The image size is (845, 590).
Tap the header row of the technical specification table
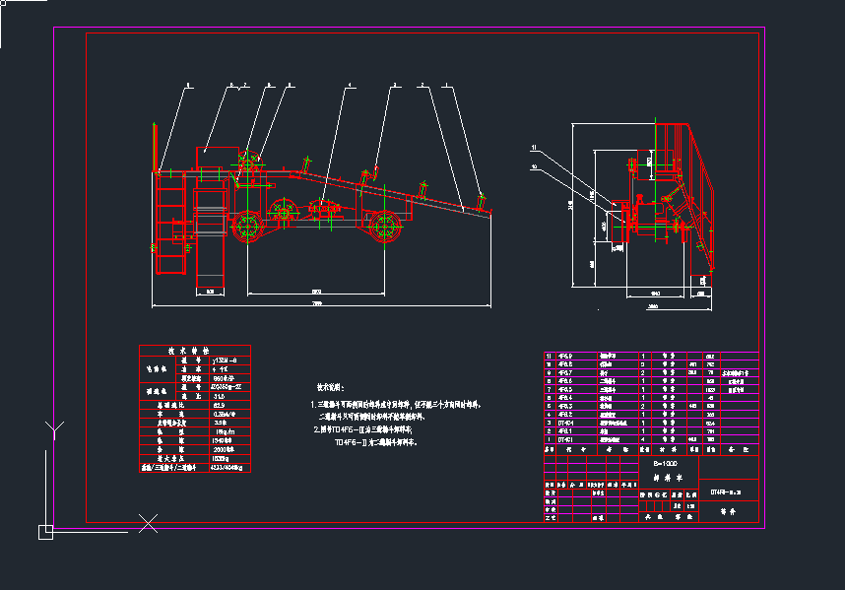[195, 350]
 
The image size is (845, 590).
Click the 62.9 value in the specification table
[218, 405]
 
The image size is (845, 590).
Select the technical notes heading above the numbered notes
[334, 388]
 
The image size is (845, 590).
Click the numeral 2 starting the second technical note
[314, 429]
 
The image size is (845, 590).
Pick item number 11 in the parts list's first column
[550, 356]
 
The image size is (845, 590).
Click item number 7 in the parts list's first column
[550, 381]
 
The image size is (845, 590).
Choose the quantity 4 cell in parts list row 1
[644, 439]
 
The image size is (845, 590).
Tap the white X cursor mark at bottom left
[148, 524]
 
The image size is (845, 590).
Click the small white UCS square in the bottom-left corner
[45, 532]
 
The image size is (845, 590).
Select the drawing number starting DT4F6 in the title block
[728, 491]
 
